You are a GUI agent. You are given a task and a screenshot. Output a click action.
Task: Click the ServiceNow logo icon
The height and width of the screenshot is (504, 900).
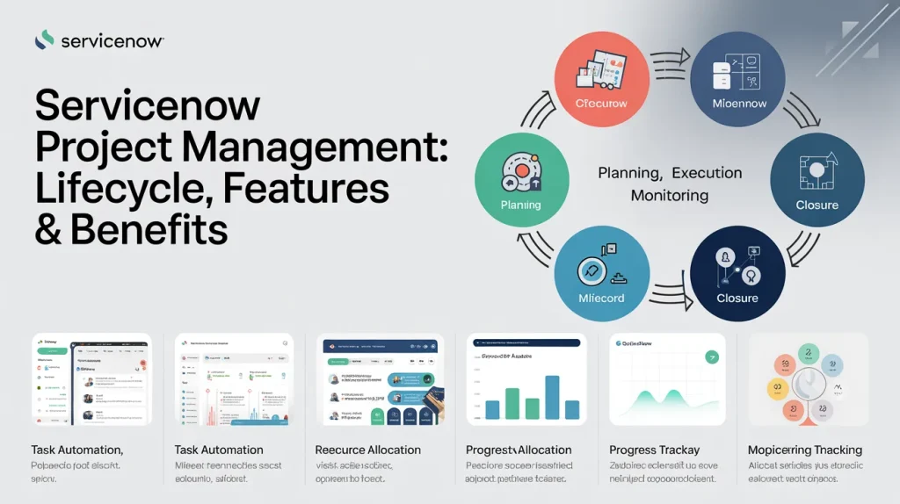44,40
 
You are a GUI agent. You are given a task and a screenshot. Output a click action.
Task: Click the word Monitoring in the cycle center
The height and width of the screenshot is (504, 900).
670,195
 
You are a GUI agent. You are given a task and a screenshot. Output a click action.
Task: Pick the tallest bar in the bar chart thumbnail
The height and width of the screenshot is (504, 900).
552,397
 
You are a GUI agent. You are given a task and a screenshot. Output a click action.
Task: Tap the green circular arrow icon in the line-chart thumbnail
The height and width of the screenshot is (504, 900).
710,356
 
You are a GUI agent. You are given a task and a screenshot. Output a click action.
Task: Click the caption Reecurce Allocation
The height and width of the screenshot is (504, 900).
367,450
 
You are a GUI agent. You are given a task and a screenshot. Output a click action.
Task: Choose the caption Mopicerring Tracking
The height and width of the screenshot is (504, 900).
804,450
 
